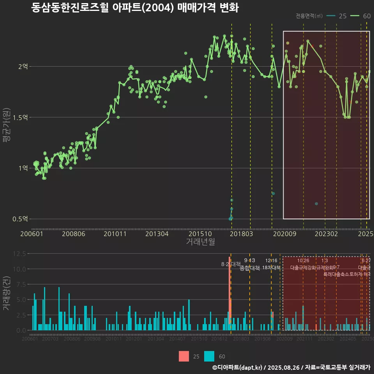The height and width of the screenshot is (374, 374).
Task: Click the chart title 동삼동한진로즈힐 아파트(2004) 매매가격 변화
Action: point(134,8)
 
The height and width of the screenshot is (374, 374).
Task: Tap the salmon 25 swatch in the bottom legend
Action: point(184,356)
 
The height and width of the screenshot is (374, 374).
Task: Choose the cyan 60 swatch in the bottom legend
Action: point(209,356)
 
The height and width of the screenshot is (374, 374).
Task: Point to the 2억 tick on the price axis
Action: point(23,67)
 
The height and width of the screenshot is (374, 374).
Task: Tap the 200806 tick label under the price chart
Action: point(74,234)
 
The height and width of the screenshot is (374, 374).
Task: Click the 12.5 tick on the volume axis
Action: point(19,254)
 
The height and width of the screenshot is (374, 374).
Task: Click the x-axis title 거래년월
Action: point(200,242)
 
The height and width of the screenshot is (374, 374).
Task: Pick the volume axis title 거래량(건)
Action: point(7,294)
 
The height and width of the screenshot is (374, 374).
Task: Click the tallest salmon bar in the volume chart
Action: point(229,296)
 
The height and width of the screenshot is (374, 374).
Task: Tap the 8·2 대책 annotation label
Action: point(231,264)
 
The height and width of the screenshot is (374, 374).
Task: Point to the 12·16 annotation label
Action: point(271,261)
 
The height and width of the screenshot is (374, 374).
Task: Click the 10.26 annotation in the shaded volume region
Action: point(303,261)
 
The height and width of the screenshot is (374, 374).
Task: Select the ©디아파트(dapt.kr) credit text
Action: point(238,367)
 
